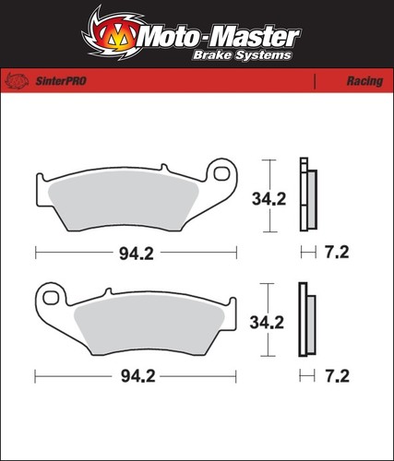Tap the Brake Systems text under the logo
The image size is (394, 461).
242,55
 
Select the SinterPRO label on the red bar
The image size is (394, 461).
61,81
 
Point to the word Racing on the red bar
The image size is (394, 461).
364,81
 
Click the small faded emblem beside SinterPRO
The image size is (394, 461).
17,81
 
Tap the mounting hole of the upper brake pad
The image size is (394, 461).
221,173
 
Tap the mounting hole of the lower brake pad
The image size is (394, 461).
50,298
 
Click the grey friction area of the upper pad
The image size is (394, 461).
123,200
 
